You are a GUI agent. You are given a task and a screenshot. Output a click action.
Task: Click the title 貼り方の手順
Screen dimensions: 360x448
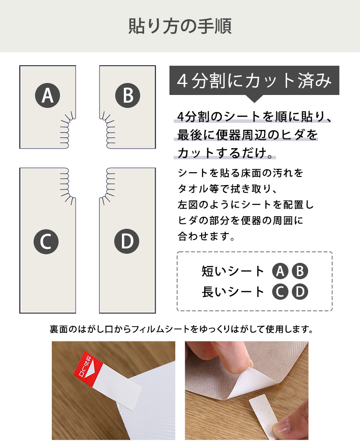pos(180,26)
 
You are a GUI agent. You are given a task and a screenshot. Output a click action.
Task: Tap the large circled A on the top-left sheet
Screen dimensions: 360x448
pos(48,95)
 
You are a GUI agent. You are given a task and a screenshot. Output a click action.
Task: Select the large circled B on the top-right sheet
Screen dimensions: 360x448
pos(128,95)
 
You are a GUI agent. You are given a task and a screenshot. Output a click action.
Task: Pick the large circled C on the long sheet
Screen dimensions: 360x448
pos(46,241)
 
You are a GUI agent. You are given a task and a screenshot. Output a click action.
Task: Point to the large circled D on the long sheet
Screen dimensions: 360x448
pos(127,241)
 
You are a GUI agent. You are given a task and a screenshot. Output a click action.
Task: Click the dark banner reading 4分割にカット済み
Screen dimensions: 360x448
pos(254,81)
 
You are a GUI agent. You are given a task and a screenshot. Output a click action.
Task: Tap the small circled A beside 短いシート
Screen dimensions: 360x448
pos(280,271)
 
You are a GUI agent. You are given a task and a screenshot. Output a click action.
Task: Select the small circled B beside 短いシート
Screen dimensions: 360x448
pos(300,271)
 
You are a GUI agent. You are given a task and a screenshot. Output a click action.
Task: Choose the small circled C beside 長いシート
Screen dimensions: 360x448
pos(280,292)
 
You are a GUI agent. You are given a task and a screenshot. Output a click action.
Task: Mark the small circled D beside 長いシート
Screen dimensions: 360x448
pos(300,292)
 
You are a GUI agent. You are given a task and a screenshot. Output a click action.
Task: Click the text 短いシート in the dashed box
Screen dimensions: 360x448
pos(233,271)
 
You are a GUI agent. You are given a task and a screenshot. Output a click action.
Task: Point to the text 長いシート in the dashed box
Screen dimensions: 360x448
pos(233,292)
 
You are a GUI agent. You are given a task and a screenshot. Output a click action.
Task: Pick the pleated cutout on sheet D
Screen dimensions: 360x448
pos(107,186)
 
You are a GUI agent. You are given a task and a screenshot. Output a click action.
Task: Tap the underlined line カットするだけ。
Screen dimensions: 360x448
pos(225,153)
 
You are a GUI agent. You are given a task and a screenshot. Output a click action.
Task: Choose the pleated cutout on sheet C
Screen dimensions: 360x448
pos(68,186)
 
